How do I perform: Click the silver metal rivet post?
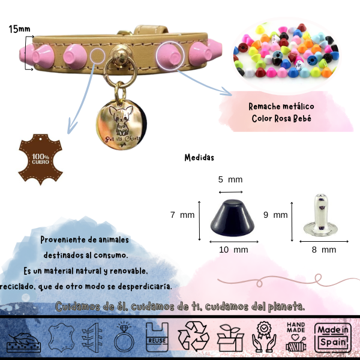point(323,217)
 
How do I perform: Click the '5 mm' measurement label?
point(230,179)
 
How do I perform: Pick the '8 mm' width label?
point(324,250)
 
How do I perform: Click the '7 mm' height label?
point(182,214)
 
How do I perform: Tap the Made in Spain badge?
point(334,337)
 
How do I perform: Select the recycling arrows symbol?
point(193,336)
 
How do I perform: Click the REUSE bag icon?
point(156,337)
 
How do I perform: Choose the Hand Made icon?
point(296,337)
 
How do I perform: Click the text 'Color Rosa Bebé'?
point(281,118)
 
